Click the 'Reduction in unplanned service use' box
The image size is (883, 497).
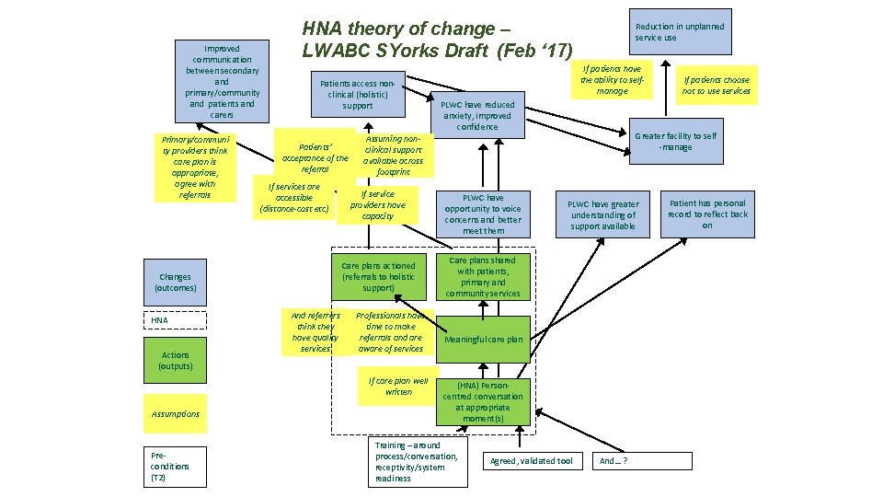point(680,32)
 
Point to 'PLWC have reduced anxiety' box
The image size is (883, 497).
point(477,116)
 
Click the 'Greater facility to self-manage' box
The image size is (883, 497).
point(676,142)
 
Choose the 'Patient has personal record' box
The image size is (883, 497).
point(707,214)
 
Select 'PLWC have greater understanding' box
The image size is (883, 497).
point(602,214)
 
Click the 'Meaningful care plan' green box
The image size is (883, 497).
point(484,340)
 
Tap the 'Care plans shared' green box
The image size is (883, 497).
point(484,277)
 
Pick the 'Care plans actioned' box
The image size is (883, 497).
point(378,277)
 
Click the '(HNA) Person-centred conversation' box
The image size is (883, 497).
point(484,401)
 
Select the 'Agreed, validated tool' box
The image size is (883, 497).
point(532,460)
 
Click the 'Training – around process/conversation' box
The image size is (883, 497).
point(415,461)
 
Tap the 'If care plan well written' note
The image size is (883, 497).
point(398,387)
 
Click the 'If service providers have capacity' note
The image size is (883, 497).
point(377,205)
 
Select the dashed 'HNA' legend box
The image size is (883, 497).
point(175,320)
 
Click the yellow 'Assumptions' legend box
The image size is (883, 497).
point(175,414)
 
